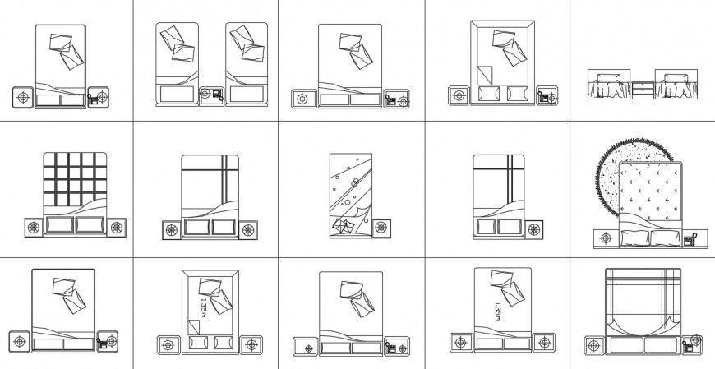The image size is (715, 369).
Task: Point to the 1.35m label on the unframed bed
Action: tap(497, 310)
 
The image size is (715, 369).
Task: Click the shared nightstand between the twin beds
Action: tap(214, 95)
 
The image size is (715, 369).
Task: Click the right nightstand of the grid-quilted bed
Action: tap(117, 227)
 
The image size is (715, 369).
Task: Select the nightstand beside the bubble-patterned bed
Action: tap(383, 228)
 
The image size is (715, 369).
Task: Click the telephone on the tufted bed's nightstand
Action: tap(690, 240)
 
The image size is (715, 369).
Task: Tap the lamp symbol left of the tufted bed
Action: tap(606, 239)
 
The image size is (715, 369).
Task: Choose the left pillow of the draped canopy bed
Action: tap(628, 345)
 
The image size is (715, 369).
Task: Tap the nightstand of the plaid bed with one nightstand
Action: tap(533, 229)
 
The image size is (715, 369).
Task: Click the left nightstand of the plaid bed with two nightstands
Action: tap(172, 230)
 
